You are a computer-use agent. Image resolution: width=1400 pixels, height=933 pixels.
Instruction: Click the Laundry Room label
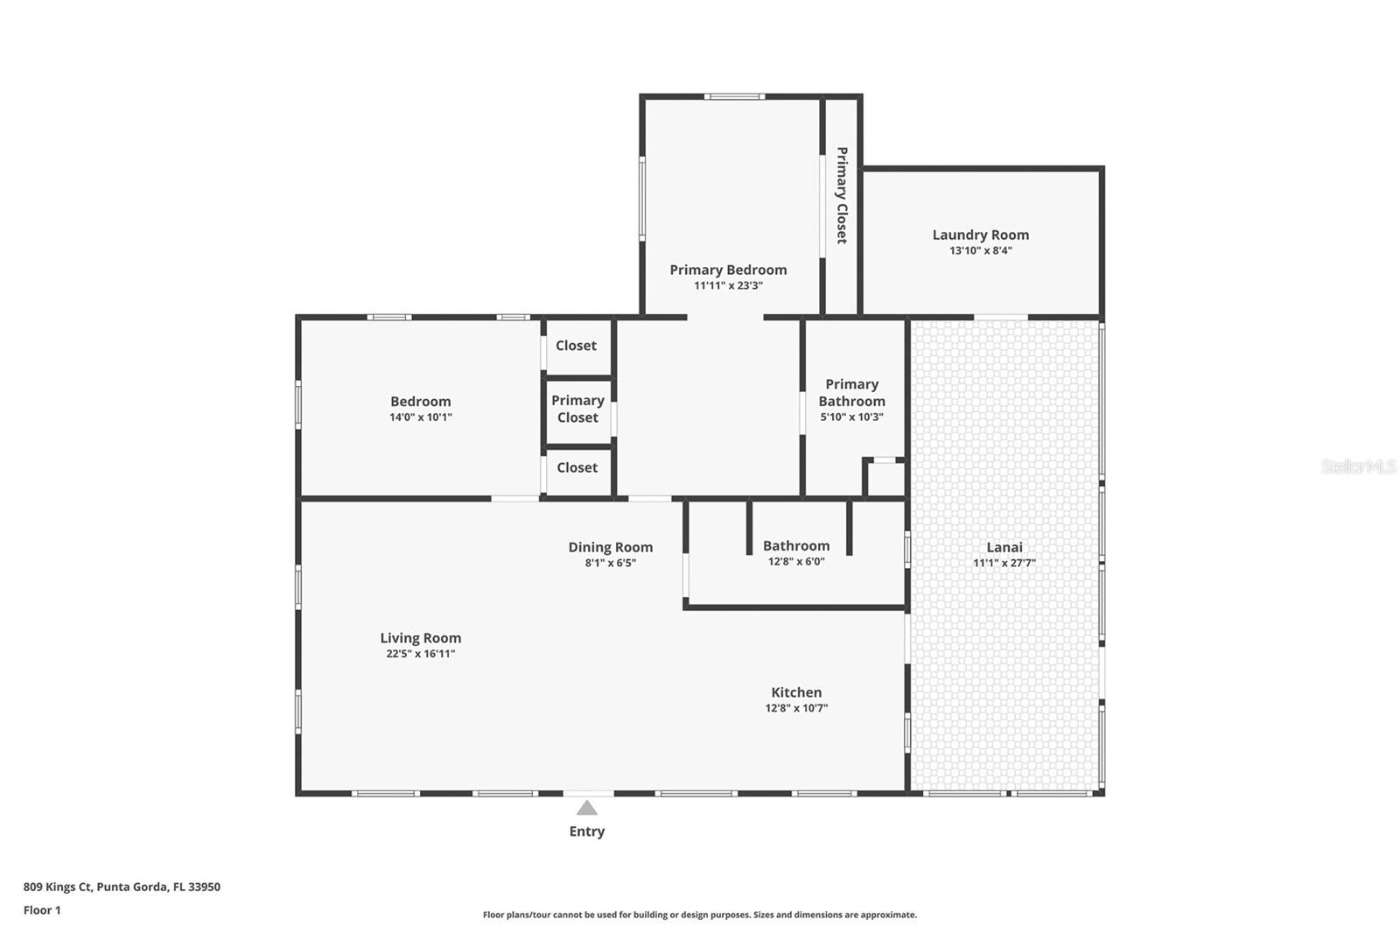(981, 235)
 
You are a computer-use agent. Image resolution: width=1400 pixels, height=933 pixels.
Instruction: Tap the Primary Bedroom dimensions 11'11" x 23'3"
(728, 286)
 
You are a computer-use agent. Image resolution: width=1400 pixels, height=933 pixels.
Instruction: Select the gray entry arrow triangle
(586, 808)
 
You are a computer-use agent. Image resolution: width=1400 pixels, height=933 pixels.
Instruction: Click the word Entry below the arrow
(587, 831)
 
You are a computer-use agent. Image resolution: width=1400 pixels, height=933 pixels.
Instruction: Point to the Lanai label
(1004, 547)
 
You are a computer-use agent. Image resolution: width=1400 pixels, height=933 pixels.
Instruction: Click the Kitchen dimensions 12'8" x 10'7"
(796, 708)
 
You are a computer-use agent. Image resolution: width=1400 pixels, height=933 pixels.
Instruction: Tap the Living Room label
(421, 638)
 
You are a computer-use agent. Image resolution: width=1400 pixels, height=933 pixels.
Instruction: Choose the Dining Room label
(611, 547)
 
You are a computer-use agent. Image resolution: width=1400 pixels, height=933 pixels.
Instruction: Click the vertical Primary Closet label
(843, 195)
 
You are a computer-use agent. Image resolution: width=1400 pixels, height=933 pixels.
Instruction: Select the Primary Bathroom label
(852, 393)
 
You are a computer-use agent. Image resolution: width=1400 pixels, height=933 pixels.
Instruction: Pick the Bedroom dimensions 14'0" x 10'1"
(421, 417)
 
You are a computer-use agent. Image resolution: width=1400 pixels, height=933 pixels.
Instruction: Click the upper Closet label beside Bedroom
(577, 345)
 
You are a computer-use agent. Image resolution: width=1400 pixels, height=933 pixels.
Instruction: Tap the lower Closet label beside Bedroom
(577, 467)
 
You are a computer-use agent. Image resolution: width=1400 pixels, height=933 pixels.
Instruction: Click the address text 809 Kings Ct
(58, 887)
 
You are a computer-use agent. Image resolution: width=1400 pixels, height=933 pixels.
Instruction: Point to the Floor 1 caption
(42, 910)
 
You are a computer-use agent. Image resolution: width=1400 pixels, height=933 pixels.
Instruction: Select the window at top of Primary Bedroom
(734, 97)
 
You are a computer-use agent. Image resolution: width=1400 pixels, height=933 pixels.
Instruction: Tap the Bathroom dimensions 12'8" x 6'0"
(796, 562)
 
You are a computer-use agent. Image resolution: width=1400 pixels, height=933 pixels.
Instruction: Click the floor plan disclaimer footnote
(700, 915)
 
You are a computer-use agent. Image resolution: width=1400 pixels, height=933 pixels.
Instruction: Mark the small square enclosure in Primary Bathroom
(885, 479)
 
